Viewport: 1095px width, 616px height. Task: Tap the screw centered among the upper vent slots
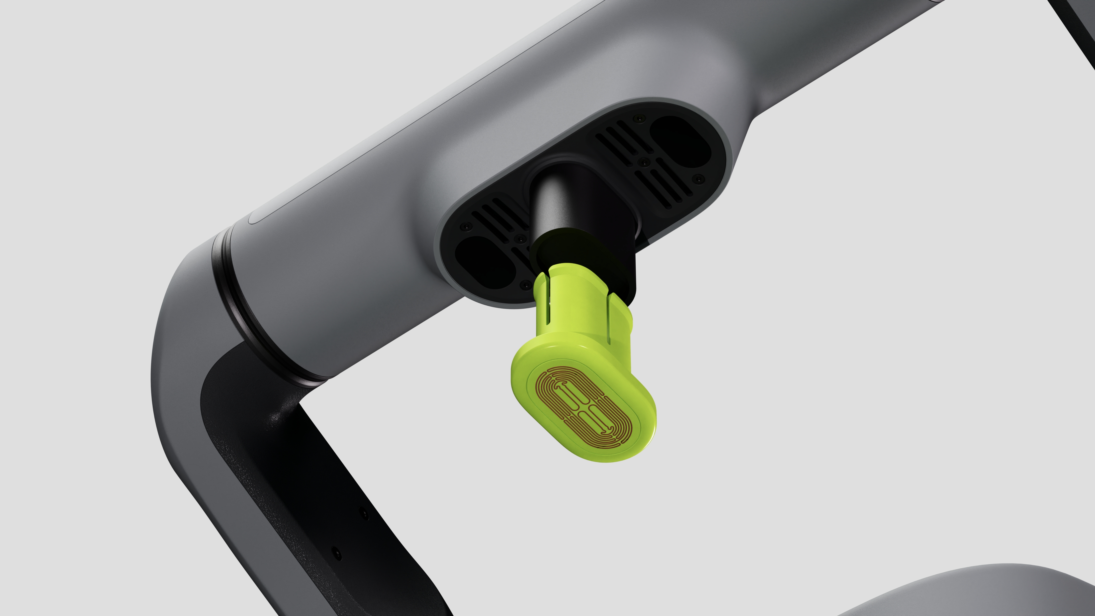coord(644,162)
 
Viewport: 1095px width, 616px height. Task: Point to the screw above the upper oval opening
coord(636,118)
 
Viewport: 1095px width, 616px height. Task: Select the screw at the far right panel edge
coord(697,179)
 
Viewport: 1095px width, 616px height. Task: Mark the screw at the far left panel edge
coord(466,227)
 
